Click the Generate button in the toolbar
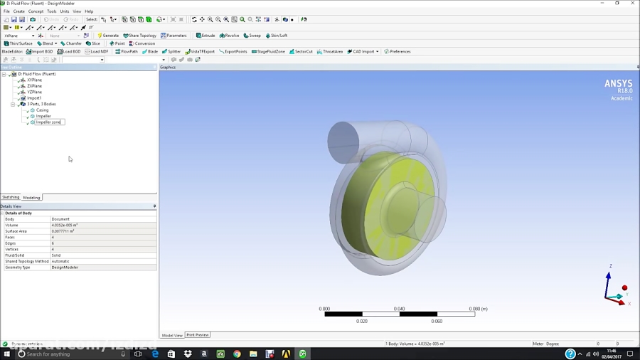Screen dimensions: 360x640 pos(108,36)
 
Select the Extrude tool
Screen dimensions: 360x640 pos(206,36)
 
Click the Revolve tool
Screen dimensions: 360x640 pos(230,36)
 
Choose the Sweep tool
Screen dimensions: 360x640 pos(252,36)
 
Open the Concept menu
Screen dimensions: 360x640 pos(36,11)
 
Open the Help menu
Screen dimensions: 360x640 pos(89,11)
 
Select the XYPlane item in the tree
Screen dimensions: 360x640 pos(34,80)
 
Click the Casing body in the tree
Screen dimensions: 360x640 pos(42,110)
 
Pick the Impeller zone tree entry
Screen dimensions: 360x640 pos(48,122)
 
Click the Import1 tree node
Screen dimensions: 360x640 pos(34,98)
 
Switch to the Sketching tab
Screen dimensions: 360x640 pos(11,197)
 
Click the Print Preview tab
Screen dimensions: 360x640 pos(198,335)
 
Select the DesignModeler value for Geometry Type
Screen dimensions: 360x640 pos(65,268)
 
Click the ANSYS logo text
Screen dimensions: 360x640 pos(618,83)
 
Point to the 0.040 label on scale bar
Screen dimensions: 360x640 pos(400,309)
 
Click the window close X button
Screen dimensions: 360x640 pos(632,4)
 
